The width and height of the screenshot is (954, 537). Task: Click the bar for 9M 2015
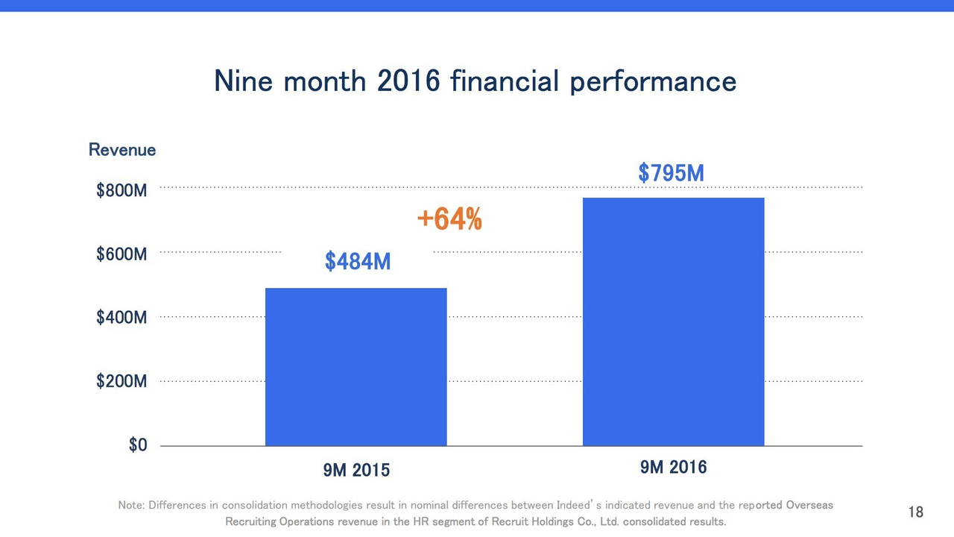pyautogui.click(x=356, y=367)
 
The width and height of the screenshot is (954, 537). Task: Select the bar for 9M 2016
pyautogui.click(x=673, y=321)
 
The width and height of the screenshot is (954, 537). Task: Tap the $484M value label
pyautogui.click(x=358, y=262)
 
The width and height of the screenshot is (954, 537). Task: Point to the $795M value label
pyautogui.click(x=671, y=173)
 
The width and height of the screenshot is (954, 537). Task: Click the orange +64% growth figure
pyautogui.click(x=449, y=219)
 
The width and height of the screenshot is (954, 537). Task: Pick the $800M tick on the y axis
pyautogui.click(x=121, y=191)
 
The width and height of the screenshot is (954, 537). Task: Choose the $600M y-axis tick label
pyautogui.click(x=121, y=255)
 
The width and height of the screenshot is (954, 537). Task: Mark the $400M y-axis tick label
pyautogui.click(x=121, y=318)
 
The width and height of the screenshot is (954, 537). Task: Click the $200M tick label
pyautogui.click(x=121, y=382)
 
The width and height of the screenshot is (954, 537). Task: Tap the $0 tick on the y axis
pyautogui.click(x=138, y=445)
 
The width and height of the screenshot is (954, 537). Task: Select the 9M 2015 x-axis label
pyautogui.click(x=356, y=471)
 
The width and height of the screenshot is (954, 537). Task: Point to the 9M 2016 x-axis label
pyautogui.click(x=673, y=468)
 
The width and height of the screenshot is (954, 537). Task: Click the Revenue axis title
pyautogui.click(x=122, y=150)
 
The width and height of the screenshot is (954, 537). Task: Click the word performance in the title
pyautogui.click(x=653, y=81)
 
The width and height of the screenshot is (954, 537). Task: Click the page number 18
pyautogui.click(x=915, y=512)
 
